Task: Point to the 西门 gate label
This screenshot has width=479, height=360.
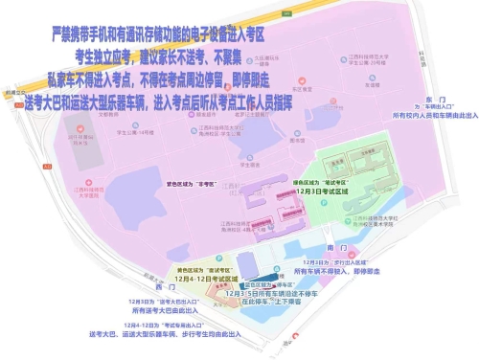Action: click(x=146, y=286)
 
